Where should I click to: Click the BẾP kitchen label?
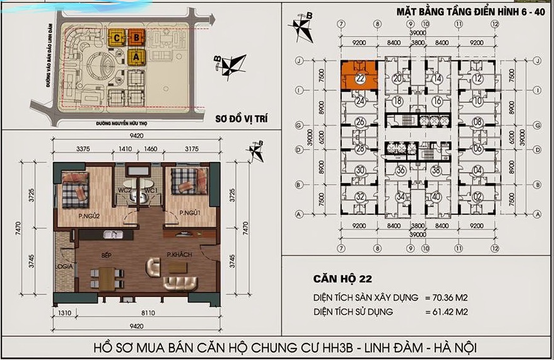107,257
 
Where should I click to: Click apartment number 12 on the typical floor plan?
478,79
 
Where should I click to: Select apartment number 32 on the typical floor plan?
360,196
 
